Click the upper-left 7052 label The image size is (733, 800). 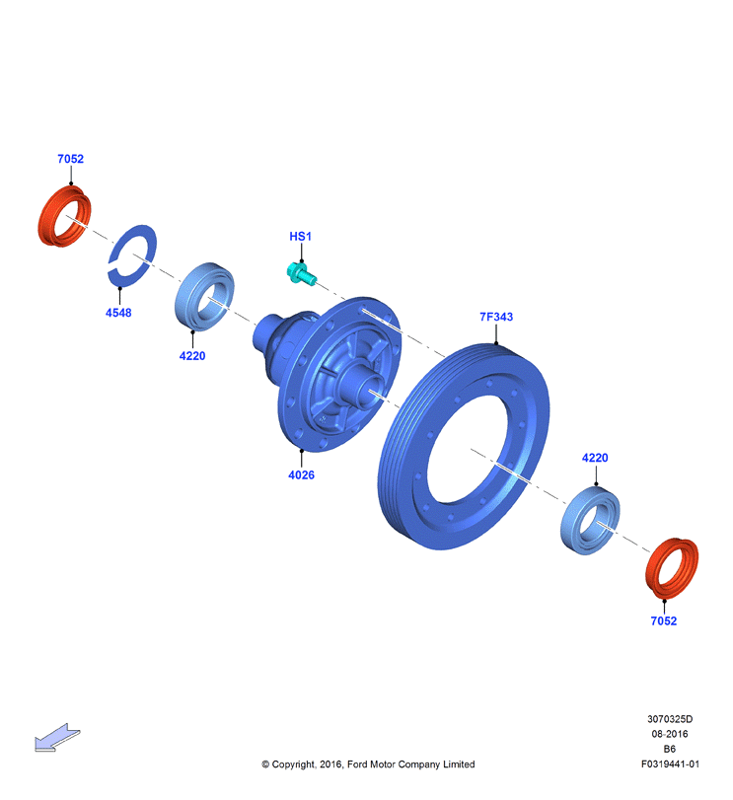(70, 159)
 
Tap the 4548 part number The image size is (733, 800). (118, 313)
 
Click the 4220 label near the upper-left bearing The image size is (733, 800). (192, 356)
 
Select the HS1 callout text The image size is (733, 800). (301, 237)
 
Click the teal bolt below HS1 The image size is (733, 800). (301, 273)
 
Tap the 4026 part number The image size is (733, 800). (302, 475)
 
